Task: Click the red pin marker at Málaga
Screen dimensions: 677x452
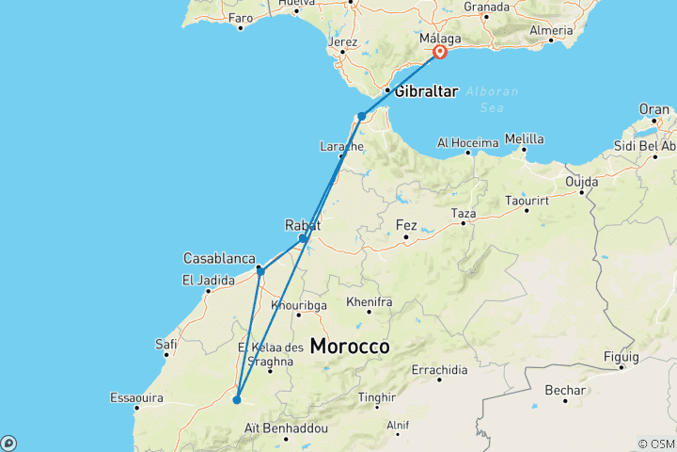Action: (439, 54)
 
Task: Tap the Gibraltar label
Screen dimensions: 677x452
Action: (426, 91)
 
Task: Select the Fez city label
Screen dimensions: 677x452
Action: (406, 226)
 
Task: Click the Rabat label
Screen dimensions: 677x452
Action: (303, 225)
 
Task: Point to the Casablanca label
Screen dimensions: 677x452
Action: (219, 258)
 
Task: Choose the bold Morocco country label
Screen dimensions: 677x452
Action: (350, 347)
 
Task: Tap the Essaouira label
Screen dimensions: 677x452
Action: (137, 396)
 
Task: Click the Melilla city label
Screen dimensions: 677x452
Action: (524, 139)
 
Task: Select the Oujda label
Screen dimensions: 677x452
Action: (582, 181)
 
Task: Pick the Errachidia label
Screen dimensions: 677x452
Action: (440, 369)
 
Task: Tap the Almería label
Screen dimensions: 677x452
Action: (551, 31)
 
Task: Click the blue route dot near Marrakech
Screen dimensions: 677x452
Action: (237, 400)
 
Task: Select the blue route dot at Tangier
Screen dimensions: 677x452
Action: (361, 117)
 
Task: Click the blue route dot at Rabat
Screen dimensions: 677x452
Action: (302, 238)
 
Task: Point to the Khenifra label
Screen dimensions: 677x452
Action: (369, 302)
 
